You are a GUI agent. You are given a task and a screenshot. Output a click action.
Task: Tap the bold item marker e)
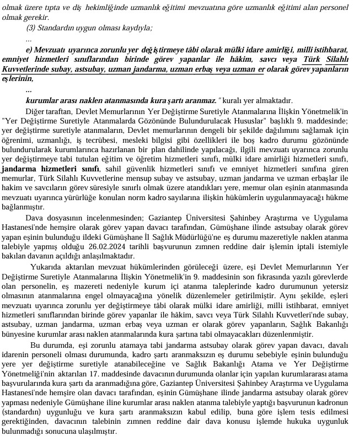click(29, 50)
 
